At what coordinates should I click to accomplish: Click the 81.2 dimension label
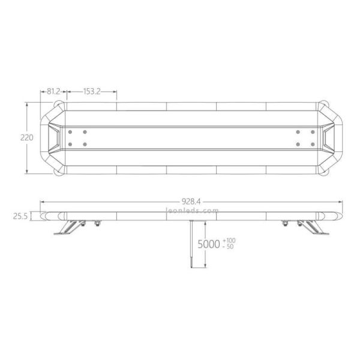point(53,92)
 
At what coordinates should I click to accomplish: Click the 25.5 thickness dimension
point(21,217)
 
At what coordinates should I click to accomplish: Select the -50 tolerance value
point(229,247)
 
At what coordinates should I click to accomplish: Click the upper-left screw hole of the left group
point(71,131)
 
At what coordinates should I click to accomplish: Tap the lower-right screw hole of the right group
point(313,143)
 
